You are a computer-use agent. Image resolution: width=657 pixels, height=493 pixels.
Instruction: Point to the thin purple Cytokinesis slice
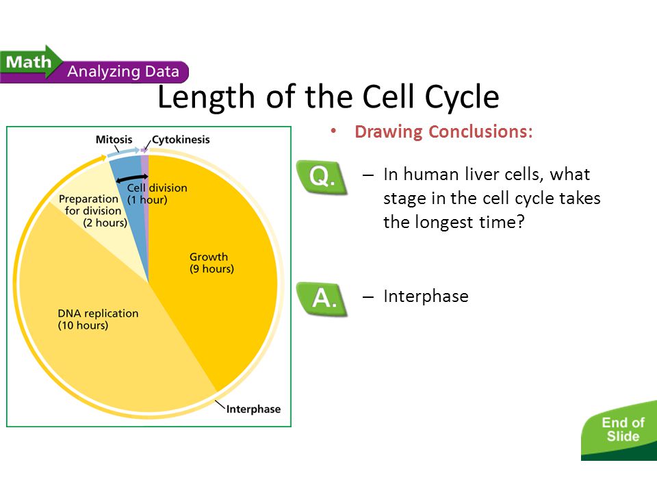tap(145, 171)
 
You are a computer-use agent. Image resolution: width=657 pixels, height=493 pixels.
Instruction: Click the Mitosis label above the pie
tap(114, 139)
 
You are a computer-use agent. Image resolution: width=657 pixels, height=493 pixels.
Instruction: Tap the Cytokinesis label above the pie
tap(181, 139)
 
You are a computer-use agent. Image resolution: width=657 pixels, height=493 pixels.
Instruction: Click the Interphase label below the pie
tap(253, 409)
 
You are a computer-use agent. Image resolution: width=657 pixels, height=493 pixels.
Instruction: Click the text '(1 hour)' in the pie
tap(147, 200)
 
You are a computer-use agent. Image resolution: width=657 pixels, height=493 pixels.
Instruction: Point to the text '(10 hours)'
tap(83, 325)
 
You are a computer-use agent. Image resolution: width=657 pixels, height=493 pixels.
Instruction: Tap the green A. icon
tap(322, 298)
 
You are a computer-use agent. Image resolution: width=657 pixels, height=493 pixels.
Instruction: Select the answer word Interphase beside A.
tap(426, 296)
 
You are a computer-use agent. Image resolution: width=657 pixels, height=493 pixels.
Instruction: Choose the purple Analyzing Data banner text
tap(123, 71)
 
